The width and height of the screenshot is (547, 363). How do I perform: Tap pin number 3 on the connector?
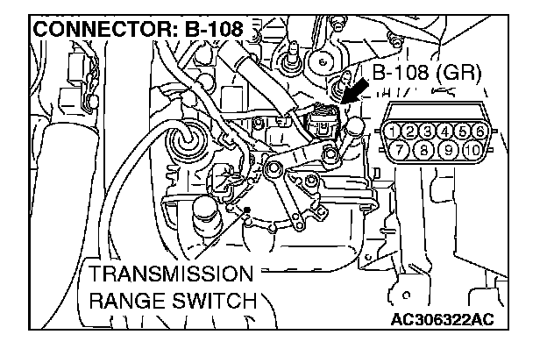(428, 132)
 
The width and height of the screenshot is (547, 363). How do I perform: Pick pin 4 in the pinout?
(447, 132)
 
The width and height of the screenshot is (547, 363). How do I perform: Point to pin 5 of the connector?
(464, 132)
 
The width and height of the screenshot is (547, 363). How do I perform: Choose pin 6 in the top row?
(480, 132)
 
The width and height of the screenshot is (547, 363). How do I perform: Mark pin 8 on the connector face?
(421, 149)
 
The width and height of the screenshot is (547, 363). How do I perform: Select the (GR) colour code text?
(459, 73)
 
